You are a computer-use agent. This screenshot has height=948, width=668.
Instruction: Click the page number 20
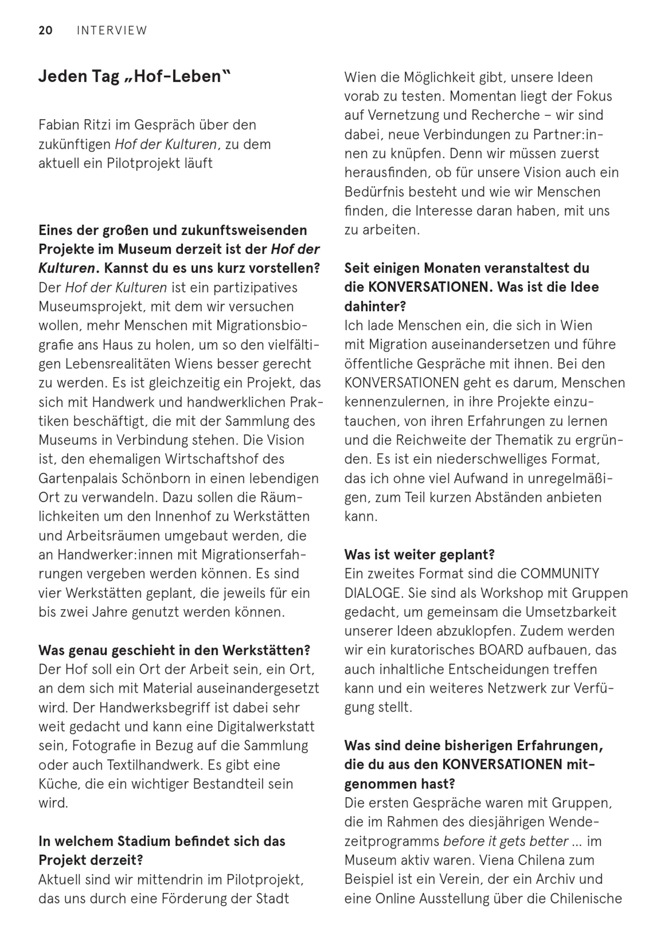(45, 31)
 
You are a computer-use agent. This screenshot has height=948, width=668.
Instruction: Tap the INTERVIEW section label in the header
(112, 31)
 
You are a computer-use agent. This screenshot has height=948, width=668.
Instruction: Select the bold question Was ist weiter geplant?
(419, 555)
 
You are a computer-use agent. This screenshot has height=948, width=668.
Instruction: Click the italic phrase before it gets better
(506, 841)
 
